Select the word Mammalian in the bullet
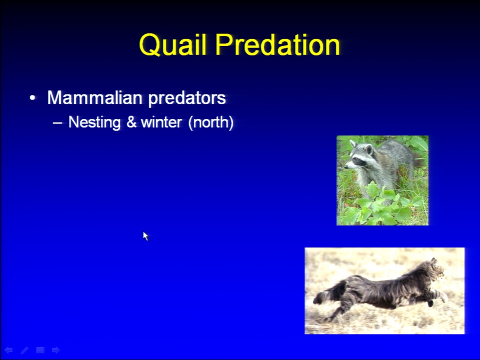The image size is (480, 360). coord(95,97)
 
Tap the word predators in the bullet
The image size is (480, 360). coord(187,98)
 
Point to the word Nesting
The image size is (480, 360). coord(94,122)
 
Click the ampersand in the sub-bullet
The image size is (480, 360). coord(131,122)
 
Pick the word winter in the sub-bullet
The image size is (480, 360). coord(161,122)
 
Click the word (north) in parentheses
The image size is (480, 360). coord(211,122)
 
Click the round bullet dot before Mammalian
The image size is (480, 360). coord(32,98)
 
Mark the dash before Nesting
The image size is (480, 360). coord(57,123)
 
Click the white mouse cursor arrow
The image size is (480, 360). coord(145,236)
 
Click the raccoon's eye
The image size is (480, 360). coord(356,159)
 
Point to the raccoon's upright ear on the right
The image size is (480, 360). coord(369,149)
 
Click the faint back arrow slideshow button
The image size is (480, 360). coord(8,350)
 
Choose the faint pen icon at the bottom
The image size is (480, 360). coord(24,350)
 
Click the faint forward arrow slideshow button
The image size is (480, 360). coord(55,350)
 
